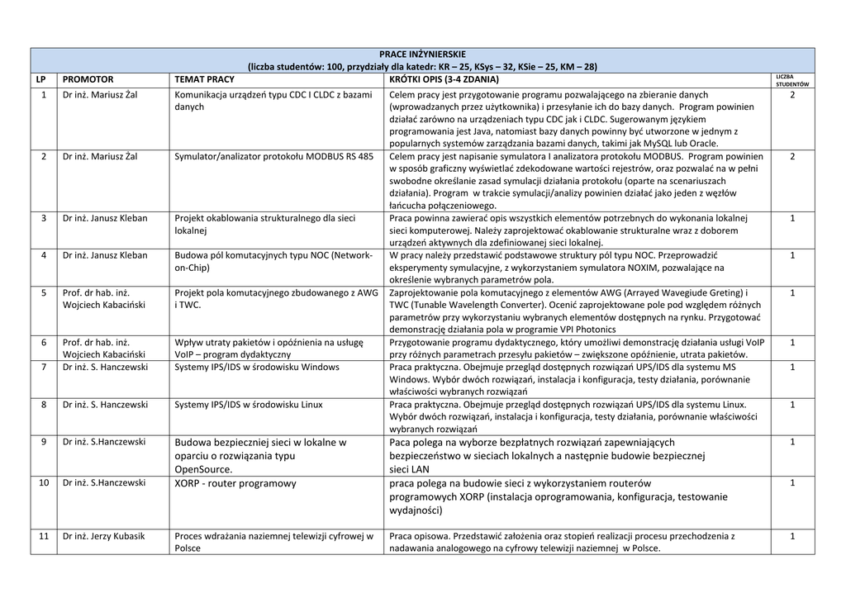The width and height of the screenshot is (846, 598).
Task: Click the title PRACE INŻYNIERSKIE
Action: pos(422,55)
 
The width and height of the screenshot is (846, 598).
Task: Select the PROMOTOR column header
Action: pos(88,79)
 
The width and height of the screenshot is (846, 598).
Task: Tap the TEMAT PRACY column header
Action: pos(204,79)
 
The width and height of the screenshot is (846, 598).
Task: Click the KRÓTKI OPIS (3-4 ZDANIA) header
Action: pos(444,79)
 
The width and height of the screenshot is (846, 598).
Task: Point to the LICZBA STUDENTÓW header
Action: pos(791,80)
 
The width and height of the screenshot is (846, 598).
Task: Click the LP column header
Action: pos(43,79)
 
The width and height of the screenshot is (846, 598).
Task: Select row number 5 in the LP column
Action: pos(43,293)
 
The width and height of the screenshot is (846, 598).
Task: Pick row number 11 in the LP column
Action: pos(43,536)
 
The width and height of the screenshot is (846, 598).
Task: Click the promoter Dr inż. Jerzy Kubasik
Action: pos(103,536)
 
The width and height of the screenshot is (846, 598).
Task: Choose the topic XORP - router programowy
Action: pos(235,483)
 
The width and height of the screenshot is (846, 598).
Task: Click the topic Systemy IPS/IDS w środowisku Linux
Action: pos(249,405)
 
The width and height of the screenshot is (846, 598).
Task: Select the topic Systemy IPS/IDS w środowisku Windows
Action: pos(256,367)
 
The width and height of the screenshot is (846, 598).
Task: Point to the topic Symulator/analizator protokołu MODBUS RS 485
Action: pos(273,156)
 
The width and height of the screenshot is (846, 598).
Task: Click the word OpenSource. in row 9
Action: pos(203,468)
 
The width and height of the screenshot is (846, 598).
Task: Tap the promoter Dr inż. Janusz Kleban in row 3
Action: pos(105,218)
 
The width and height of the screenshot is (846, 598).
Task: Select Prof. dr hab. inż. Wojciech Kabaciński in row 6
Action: pos(103,348)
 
